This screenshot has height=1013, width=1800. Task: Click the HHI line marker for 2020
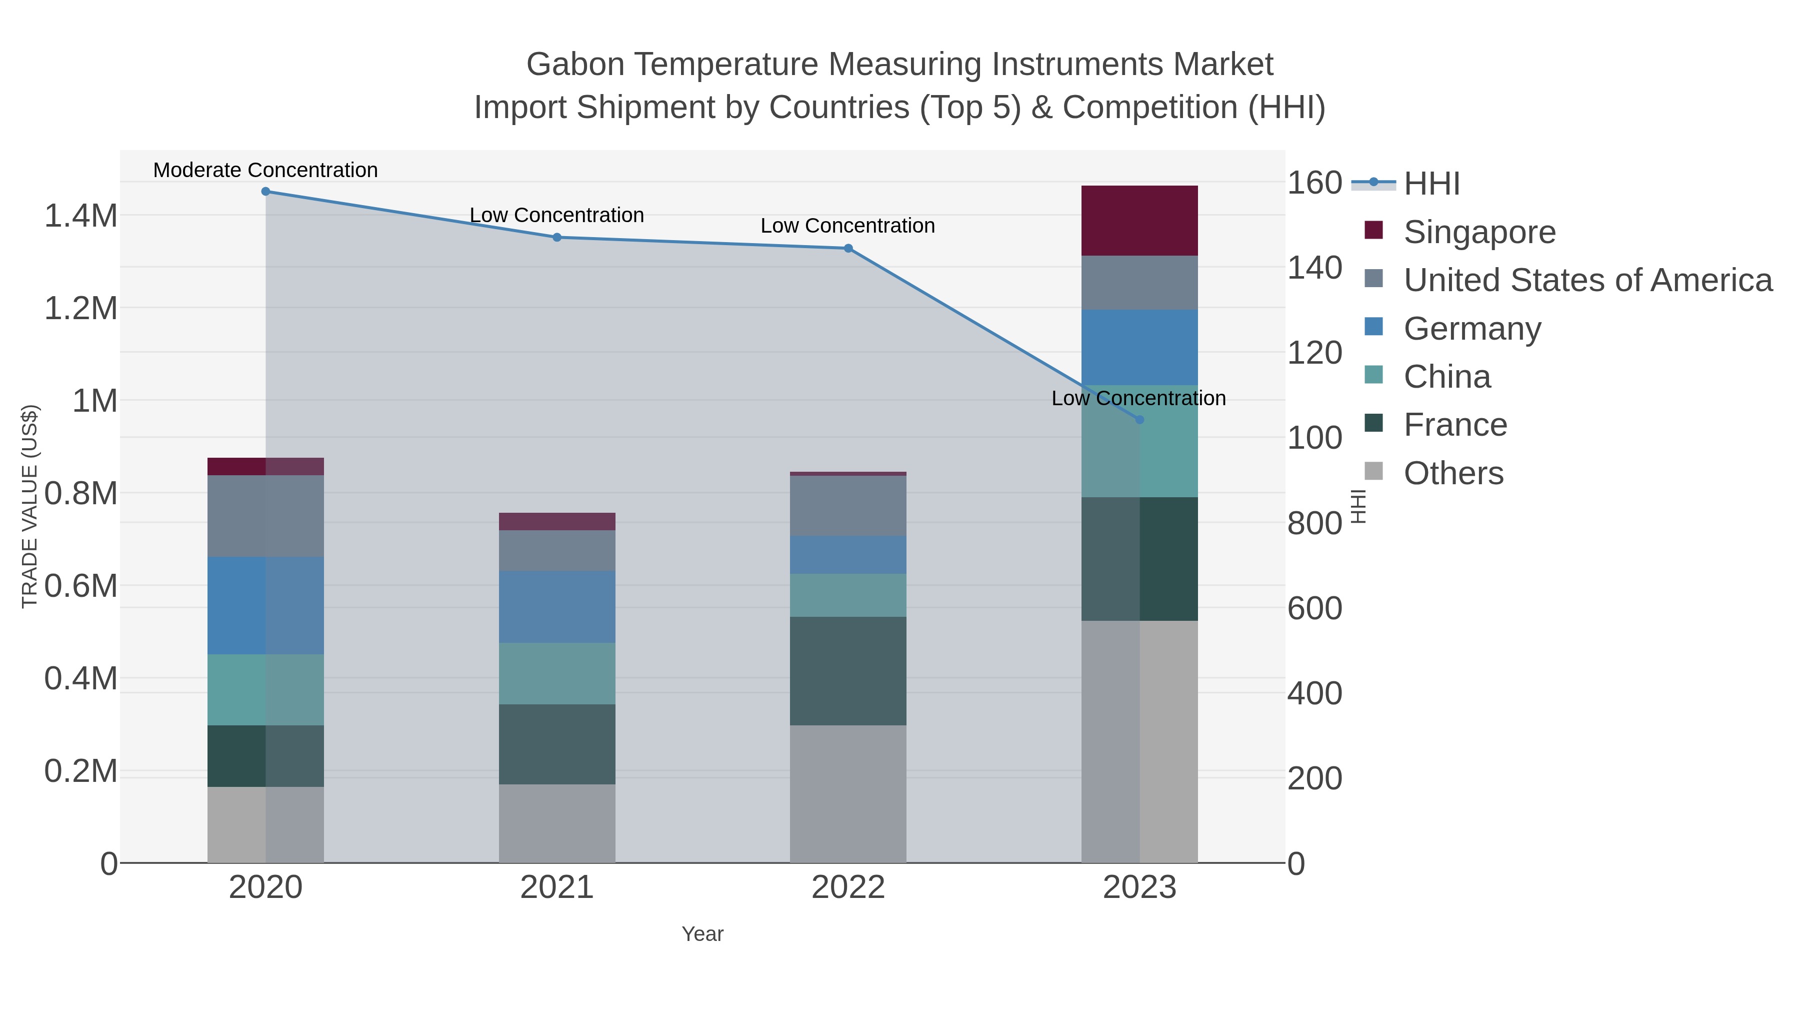(265, 192)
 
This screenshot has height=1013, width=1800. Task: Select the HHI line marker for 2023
(1139, 420)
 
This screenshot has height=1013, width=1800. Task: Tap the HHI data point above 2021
(557, 238)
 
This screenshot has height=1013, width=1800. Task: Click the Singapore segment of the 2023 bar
(1139, 221)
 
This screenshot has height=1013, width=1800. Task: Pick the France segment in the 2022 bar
(848, 671)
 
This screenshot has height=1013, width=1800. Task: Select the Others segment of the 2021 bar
(557, 823)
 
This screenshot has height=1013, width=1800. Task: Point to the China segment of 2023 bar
(1139, 442)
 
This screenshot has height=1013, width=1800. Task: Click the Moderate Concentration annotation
(265, 171)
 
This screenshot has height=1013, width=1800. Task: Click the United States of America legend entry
(1587, 280)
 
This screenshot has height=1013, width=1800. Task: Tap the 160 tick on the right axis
(1314, 183)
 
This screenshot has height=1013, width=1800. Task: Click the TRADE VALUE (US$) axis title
(30, 506)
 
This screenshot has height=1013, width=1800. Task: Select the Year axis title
(702, 934)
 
